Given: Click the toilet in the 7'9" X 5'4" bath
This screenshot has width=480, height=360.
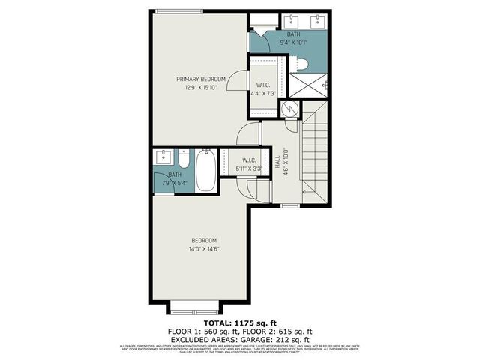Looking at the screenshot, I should pyautogui.click(x=183, y=159).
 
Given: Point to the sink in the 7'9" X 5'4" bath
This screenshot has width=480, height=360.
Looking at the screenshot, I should pyautogui.click(x=164, y=158).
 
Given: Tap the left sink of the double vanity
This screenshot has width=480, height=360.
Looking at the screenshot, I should pyautogui.click(x=290, y=19).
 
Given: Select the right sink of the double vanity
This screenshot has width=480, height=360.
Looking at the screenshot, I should pyautogui.click(x=319, y=19).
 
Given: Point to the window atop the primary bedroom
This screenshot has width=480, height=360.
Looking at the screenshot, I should pyautogui.click(x=179, y=10).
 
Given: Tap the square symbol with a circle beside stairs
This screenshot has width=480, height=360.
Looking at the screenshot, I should pyautogui.click(x=289, y=109).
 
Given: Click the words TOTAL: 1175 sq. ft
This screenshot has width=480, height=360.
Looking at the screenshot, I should pyautogui.click(x=239, y=321).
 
